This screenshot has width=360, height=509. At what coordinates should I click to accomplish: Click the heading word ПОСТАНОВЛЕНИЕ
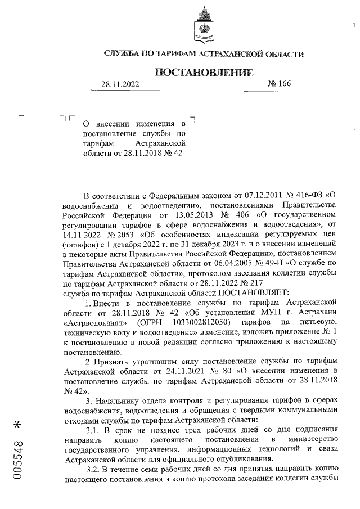coord(204,73)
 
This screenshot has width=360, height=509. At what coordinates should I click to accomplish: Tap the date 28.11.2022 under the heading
coord(120,84)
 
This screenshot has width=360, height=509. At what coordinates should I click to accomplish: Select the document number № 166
coord(280,84)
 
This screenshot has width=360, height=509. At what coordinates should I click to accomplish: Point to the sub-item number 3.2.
coord(94,469)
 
